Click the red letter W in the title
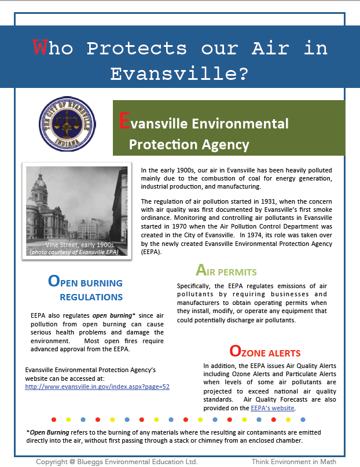coord(39,47)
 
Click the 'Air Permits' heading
coord(226,271)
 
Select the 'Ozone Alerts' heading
coord(265,351)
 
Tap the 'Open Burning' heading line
coord(85,282)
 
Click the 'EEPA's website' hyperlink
coord(273,408)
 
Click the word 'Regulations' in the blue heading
coord(91,297)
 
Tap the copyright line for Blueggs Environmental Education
coord(116,461)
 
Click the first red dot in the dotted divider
coord(54,418)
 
